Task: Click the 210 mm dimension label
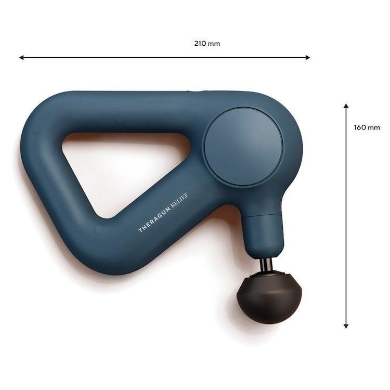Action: (x=207, y=44)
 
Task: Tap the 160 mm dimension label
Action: (x=367, y=127)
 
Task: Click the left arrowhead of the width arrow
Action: (x=22, y=58)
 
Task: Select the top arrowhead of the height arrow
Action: (x=346, y=106)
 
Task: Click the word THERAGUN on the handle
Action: (x=154, y=219)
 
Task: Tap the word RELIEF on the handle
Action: (x=179, y=200)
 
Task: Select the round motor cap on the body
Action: (x=243, y=146)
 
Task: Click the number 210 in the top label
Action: (x=201, y=44)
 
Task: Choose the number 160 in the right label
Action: (x=360, y=127)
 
